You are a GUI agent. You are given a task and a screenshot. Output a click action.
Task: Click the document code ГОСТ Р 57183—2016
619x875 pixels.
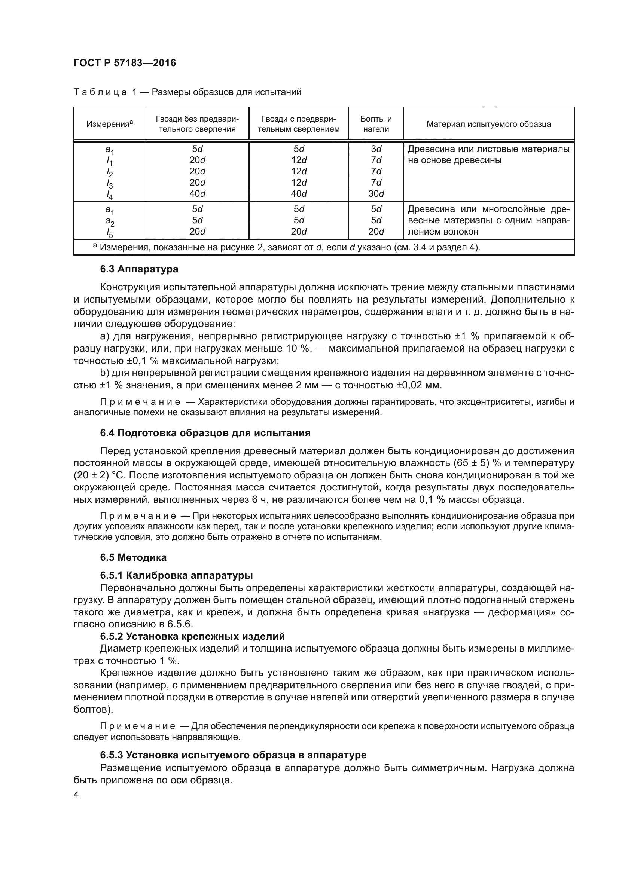[x=125, y=63]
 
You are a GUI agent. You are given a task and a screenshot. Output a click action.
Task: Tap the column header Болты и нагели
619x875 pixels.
[x=376, y=124]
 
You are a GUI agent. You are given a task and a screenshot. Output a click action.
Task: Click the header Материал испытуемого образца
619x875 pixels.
[x=489, y=124]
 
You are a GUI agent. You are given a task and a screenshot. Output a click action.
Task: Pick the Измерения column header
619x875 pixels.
[x=109, y=124]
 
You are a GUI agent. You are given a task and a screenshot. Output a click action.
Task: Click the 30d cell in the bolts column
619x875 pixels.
[x=376, y=194]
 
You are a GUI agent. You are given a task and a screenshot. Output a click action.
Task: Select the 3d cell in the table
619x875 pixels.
[x=376, y=149]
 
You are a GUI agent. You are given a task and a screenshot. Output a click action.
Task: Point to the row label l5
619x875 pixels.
[x=109, y=233]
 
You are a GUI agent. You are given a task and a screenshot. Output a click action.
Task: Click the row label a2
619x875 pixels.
[x=109, y=221]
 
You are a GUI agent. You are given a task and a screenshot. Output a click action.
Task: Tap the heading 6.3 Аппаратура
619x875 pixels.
[x=139, y=269]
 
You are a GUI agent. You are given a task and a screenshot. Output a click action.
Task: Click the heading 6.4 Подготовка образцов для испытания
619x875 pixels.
[x=205, y=433]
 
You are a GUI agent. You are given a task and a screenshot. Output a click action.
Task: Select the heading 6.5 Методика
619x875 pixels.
[x=133, y=557]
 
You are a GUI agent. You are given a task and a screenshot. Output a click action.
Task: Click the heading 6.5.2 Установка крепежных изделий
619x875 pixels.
[x=192, y=636]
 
